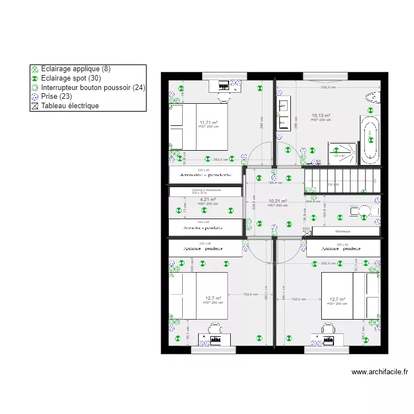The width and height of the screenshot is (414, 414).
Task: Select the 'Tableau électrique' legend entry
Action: click(70, 105)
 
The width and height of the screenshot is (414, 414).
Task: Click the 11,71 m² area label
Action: click(209, 123)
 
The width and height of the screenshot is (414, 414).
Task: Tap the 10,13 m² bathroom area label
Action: click(321, 116)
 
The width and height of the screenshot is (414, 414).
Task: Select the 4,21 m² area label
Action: click(208, 200)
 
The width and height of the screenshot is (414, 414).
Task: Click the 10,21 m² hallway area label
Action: click(278, 201)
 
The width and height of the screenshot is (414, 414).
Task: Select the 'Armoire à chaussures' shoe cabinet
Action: click(206, 191)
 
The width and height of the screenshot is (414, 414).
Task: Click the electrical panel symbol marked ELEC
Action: click(306, 231)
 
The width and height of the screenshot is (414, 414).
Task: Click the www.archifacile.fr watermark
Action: click(379, 372)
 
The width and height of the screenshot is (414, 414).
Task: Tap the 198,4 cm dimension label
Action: click(275, 182)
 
